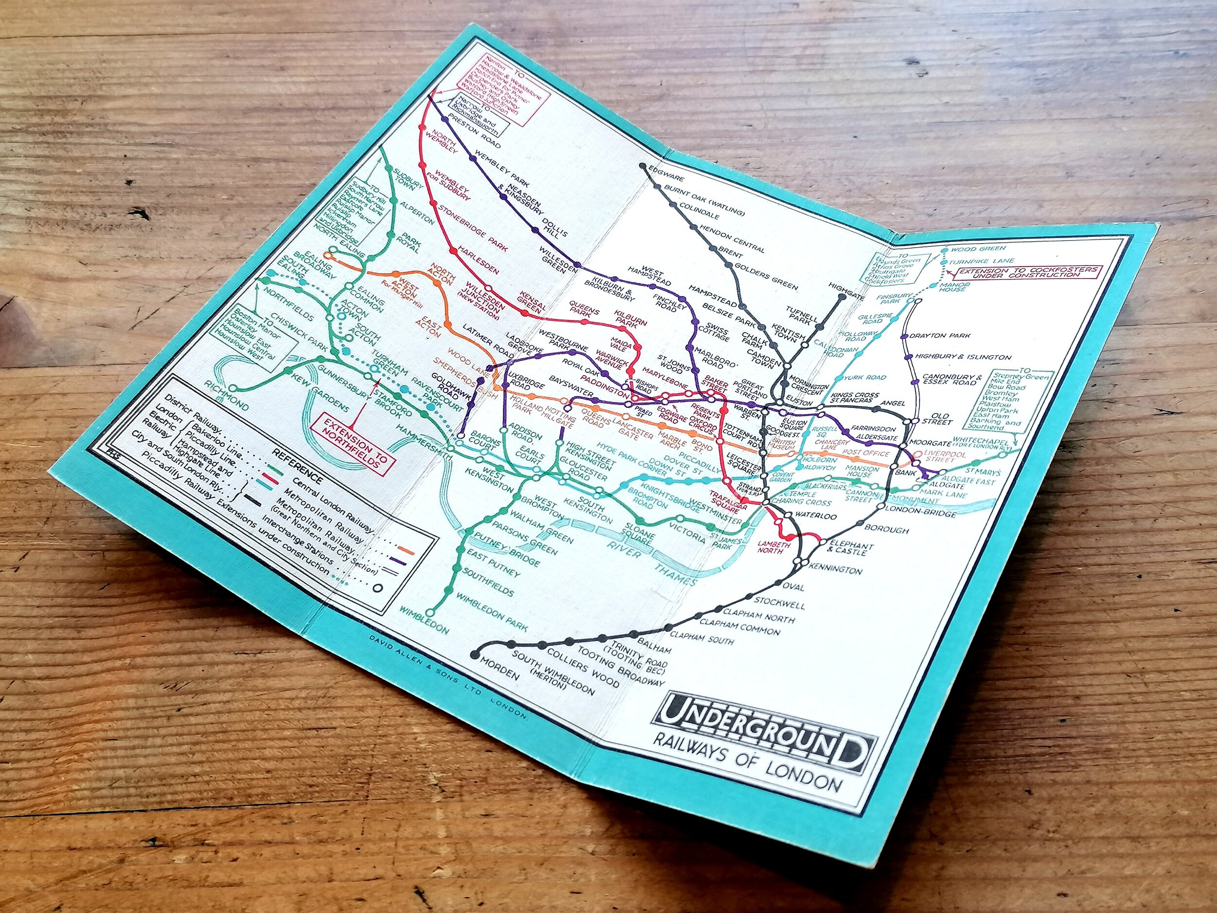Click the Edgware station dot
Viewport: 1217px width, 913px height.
coord(642,165)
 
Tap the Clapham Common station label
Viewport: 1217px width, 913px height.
coord(739,626)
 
